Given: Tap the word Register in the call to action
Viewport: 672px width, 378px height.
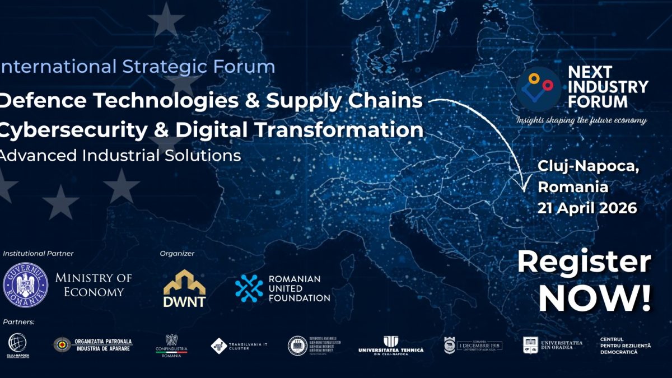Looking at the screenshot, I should [584, 262].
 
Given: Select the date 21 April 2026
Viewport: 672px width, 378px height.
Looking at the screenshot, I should [587, 208].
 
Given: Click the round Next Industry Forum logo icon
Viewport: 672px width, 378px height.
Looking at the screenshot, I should [538, 87].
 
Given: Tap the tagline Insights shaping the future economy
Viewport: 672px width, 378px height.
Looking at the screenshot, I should [581, 120].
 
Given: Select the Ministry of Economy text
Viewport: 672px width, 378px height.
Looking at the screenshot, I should [94, 284].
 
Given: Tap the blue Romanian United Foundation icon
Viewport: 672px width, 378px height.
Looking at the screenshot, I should [249, 288].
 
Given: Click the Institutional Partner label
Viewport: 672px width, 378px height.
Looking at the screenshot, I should [38, 253].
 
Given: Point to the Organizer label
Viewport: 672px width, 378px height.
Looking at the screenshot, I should [177, 253].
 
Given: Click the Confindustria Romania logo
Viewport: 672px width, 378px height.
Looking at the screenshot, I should [171, 346].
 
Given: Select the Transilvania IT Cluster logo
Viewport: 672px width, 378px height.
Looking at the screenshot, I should [239, 346].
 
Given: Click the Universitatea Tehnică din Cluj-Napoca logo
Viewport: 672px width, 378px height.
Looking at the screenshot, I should [391, 345].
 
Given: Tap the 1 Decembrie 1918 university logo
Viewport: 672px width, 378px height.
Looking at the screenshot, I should [473, 345].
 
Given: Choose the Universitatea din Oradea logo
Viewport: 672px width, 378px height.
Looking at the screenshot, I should [552, 345].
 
